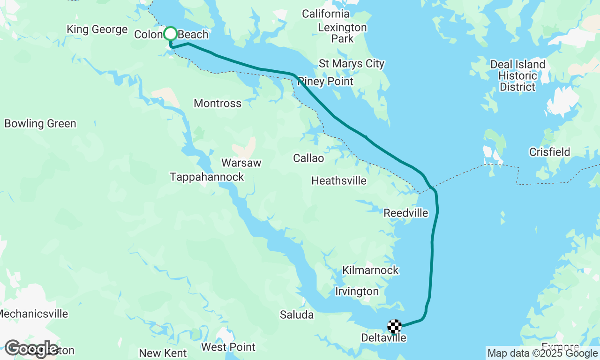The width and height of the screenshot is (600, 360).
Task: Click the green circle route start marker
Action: click(170, 34)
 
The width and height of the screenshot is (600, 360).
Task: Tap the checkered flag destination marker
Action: click(395, 325)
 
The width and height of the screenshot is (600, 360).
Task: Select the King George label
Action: click(97, 30)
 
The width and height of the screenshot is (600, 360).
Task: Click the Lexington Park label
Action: click(342, 33)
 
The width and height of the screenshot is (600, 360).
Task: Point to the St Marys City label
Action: click(352, 63)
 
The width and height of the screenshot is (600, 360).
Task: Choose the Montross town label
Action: click(217, 103)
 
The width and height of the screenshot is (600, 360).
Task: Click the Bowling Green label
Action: click(40, 124)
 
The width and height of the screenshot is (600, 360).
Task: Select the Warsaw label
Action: click(241, 163)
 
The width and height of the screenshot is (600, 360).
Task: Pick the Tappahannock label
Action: click(207, 177)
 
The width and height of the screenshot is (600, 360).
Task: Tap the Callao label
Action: click(308, 158)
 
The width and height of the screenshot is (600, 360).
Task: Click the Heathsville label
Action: click(339, 180)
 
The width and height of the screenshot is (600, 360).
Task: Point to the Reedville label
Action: click(406, 213)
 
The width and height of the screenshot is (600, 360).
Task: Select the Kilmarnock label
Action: click(370, 270)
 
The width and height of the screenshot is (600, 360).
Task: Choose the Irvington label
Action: click(357, 292)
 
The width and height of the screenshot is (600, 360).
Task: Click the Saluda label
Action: click(297, 315)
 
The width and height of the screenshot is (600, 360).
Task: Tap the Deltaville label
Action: click(383, 338)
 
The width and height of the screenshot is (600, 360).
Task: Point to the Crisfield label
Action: click(549, 152)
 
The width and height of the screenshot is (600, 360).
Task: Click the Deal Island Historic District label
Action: click(517, 75)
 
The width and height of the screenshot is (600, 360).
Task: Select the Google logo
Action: click(31, 349)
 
